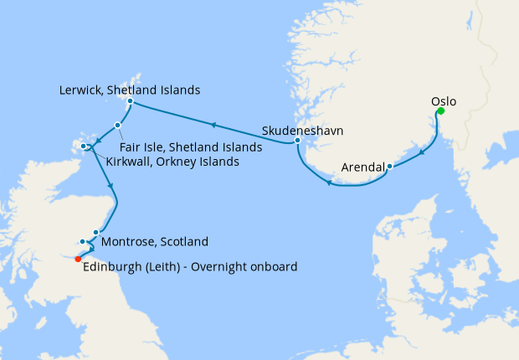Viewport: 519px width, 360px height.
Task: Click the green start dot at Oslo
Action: click(x=440, y=111)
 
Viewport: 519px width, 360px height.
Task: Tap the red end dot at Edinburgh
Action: click(x=78, y=259)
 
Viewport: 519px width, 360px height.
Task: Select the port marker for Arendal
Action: click(x=390, y=167)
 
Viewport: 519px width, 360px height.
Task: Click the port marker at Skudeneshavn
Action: click(x=297, y=141)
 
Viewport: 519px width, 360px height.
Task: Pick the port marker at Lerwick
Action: click(x=130, y=102)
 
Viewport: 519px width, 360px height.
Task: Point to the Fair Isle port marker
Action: click(x=118, y=125)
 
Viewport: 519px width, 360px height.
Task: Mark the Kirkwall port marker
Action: click(x=85, y=147)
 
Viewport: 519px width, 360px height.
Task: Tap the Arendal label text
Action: click(x=362, y=167)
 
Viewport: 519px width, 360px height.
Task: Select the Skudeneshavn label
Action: click(x=302, y=131)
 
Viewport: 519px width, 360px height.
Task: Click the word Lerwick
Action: click(x=83, y=90)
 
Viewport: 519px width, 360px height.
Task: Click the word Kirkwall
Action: click(x=130, y=162)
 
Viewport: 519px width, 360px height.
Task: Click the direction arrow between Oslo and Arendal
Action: click(x=420, y=151)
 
